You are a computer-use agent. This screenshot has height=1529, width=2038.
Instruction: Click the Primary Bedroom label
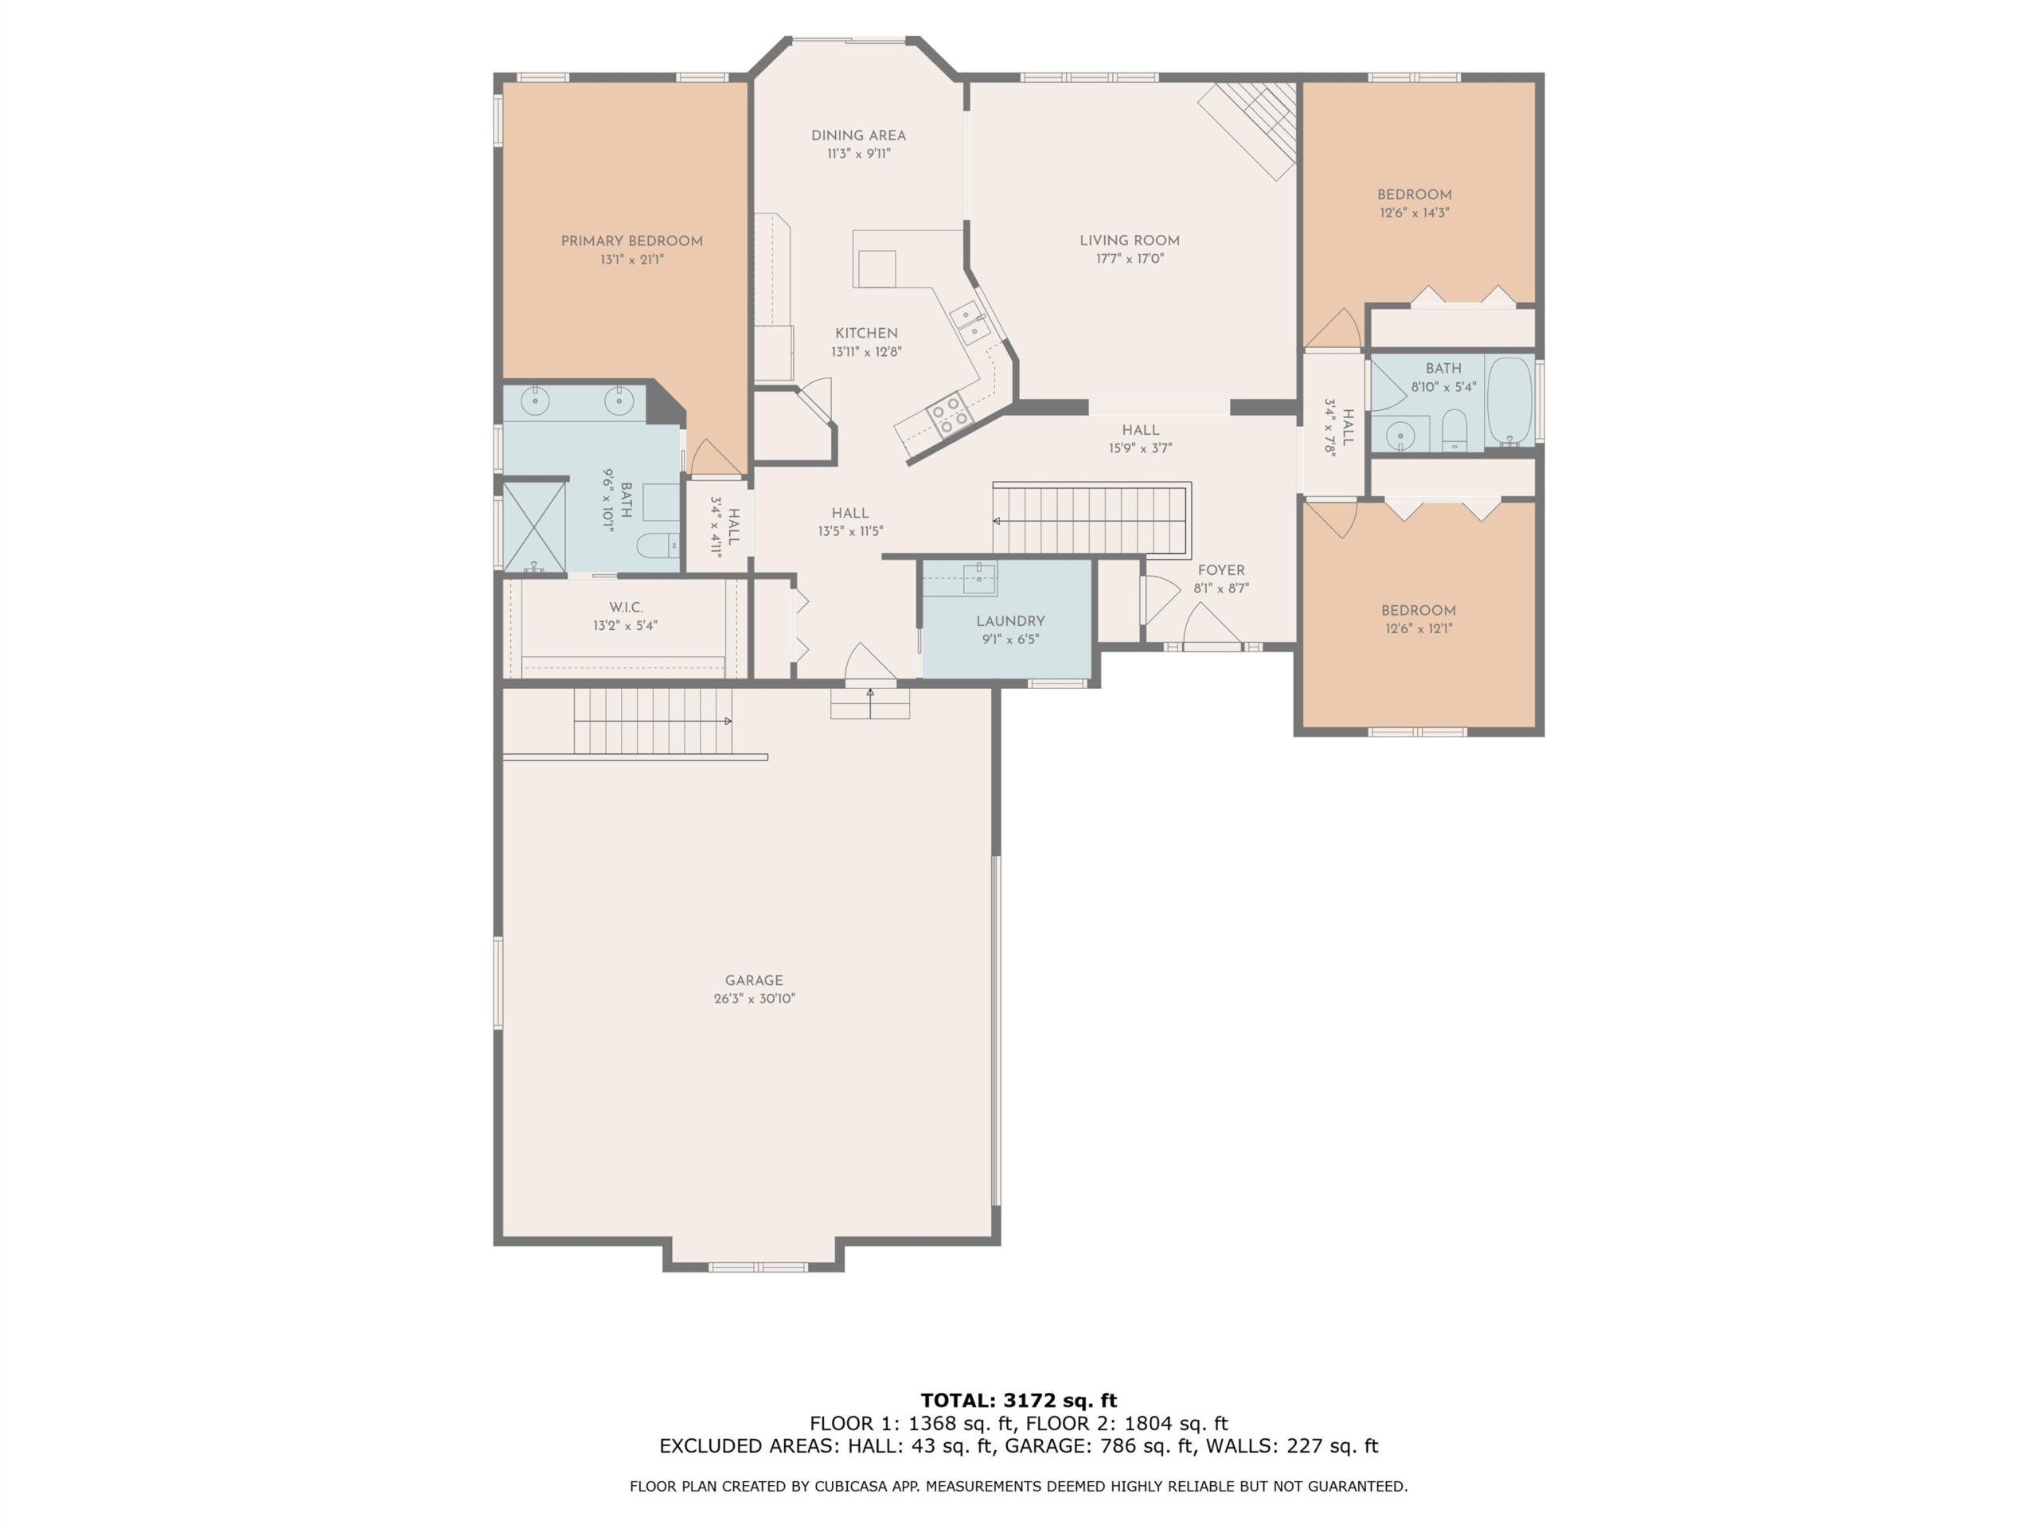click(x=631, y=241)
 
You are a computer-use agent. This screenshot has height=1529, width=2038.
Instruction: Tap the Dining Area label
click(x=857, y=135)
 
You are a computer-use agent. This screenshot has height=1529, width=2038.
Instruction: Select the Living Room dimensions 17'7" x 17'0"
click(x=1130, y=259)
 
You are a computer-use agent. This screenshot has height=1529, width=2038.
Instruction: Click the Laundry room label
click(x=1011, y=621)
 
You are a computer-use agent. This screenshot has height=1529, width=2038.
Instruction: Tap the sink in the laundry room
click(x=979, y=579)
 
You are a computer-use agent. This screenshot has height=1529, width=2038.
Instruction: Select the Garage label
click(x=754, y=980)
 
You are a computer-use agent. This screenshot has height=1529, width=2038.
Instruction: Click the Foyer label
click(x=1220, y=570)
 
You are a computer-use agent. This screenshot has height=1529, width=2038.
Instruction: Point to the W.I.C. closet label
click(x=626, y=608)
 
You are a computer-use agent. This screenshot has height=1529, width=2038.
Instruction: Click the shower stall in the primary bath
click(x=533, y=527)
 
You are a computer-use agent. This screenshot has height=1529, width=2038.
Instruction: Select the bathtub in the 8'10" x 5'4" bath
click(x=1509, y=401)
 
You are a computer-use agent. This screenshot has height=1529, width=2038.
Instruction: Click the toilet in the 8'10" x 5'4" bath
click(x=1454, y=429)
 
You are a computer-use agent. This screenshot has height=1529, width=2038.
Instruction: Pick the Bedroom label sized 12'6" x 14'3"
click(x=1414, y=195)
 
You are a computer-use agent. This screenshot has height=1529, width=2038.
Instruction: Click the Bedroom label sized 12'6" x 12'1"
click(x=1418, y=611)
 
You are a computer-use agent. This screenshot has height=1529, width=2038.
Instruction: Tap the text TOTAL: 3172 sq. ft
click(x=1018, y=1401)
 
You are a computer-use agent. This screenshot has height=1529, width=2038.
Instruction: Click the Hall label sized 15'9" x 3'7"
click(x=1141, y=430)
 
